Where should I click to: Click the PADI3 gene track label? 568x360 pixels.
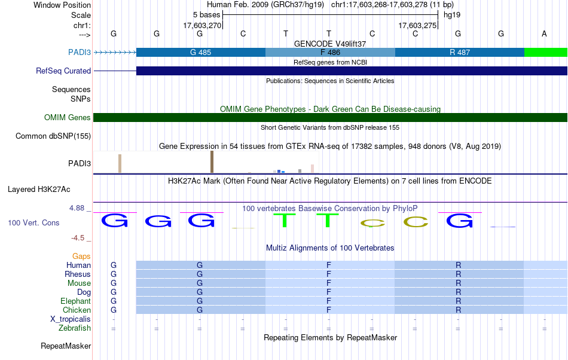(x=80, y=53)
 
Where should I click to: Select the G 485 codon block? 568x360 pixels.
(x=200, y=53)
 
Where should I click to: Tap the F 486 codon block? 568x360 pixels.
(x=329, y=53)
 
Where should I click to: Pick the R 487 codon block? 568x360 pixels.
(x=459, y=53)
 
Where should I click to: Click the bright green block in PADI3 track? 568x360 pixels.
(x=545, y=53)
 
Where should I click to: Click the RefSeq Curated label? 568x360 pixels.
(x=63, y=71)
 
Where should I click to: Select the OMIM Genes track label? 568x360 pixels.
(x=68, y=118)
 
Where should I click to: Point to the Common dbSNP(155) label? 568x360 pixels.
(x=53, y=136)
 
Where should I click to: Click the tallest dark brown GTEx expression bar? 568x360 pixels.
(x=212, y=162)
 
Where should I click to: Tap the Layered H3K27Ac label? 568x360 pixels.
(x=39, y=190)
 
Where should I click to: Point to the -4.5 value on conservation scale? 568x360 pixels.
(x=79, y=238)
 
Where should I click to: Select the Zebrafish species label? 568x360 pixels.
(x=75, y=328)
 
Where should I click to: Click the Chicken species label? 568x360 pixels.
(x=77, y=310)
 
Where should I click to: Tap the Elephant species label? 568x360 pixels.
(x=75, y=301)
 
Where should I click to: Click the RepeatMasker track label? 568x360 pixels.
(x=66, y=346)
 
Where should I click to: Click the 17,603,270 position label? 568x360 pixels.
(x=202, y=26)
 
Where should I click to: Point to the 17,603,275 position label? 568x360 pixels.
(x=417, y=26)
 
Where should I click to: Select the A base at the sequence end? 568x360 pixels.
(x=544, y=33)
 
